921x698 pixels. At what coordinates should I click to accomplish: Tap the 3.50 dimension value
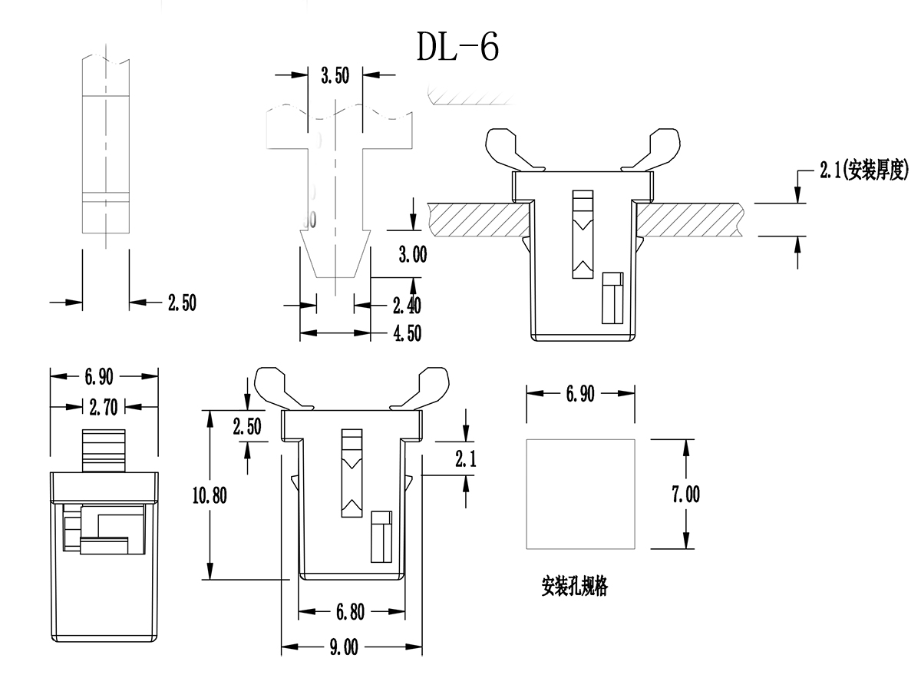tap(335, 75)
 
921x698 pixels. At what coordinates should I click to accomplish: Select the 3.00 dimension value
tap(412, 255)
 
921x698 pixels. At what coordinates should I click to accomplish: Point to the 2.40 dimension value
tap(407, 306)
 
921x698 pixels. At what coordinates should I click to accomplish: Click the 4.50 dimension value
tap(407, 332)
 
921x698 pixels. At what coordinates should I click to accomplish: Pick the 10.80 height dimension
tap(209, 495)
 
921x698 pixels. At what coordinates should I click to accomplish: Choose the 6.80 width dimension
tap(351, 612)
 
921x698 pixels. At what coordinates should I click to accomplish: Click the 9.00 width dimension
tap(344, 648)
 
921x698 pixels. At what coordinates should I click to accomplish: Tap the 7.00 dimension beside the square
tap(685, 495)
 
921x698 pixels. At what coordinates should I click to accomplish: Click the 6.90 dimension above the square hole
tap(580, 394)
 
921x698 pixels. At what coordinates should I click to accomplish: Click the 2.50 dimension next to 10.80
tap(247, 427)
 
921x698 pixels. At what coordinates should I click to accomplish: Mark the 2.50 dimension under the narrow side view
tap(182, 303)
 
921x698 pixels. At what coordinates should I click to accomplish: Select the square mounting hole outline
tap(580, 495)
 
